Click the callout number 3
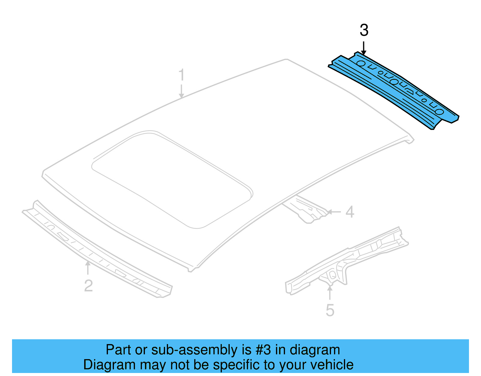(364, 30)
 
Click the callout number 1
(181, 75)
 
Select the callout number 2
(88, 285)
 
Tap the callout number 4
(350, 212)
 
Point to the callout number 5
(330, 310)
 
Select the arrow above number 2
(88, 268)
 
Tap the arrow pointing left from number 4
(334, 212)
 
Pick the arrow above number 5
(330, 292)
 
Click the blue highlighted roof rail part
(394, 90)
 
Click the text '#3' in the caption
(263, 350)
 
